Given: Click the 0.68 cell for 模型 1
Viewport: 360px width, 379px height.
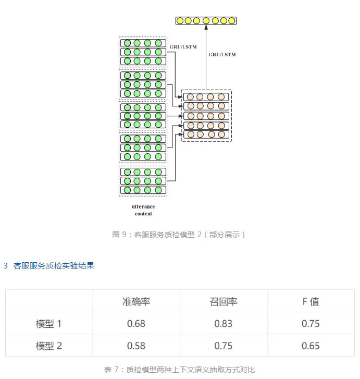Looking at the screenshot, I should tap(136, 324).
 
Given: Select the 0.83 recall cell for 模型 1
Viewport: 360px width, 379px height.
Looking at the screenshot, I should tap(224, 324).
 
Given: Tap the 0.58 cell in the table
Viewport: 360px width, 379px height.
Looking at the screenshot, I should tap(136, 346).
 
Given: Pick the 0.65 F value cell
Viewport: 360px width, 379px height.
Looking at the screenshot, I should tap(311, 346).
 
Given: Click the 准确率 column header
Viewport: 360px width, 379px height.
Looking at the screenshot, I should tap(136, 301).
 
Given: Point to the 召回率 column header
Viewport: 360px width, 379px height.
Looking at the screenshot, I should tap(224, 301).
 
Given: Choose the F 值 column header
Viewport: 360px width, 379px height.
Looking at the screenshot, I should tap(311, 301).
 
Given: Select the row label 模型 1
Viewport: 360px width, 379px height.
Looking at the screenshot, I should tap(49, 324).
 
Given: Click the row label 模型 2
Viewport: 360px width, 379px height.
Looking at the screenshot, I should tap(49, 346).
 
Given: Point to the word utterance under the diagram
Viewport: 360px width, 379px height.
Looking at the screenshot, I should tap(143, 207).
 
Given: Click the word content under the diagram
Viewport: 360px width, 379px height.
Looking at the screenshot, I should tap(143, 214).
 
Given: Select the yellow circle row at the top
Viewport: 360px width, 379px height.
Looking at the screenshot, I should tap(206, 21).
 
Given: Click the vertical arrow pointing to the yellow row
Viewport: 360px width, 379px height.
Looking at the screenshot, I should tap(206, 57).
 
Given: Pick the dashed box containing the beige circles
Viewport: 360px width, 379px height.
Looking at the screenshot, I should tap(206, 115).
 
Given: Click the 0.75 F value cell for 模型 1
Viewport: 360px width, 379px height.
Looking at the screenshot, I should tap(311, 324).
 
